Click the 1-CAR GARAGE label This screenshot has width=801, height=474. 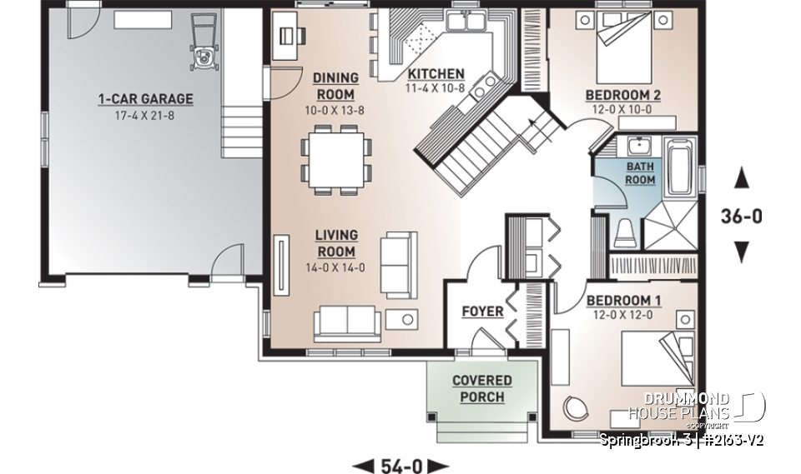click(x=144, y=99)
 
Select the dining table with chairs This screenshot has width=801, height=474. click(x=335, y=161)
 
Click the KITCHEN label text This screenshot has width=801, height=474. click(x=435, y=73)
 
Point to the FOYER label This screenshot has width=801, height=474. click(x=482, y=312)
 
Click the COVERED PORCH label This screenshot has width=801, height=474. click(x=482, y=389)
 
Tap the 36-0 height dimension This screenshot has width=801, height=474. click(x=741, y=217)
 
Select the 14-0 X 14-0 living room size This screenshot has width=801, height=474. click(x=335, y=268)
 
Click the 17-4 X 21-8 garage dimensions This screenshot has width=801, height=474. click(x=144, y=114)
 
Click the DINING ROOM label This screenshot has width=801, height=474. click(x=335, y=86)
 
